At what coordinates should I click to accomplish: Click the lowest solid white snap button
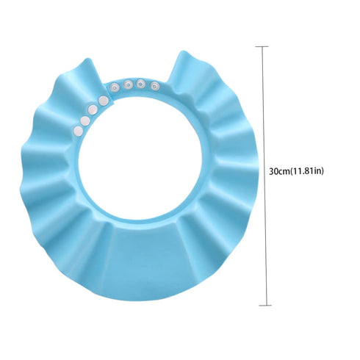click(x=79, y=131)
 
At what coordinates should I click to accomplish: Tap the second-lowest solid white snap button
click(x=85, y=120)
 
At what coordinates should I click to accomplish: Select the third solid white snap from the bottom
click(x=93, y=109)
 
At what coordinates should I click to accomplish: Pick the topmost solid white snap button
click(x=104, y=100)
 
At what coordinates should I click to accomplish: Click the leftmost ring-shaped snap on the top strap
click(x=114, y=87)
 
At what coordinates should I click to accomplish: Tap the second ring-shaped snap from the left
click(x=127, y=84)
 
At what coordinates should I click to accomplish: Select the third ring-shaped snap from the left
click(x=140, y=84)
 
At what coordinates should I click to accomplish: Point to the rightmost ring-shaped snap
click(x=154, y=85)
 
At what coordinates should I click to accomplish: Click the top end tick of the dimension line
click(x=262, y=46)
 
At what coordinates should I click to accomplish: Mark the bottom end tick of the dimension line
click(x=265, y=305)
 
